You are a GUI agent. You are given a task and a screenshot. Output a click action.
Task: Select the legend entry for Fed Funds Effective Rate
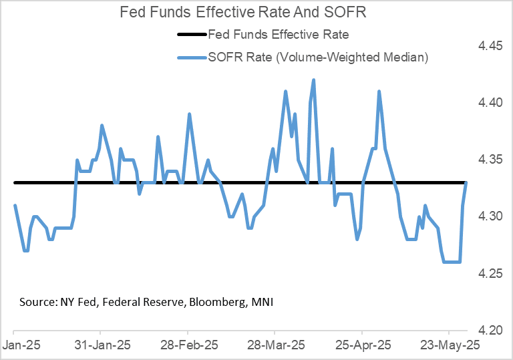(278, 35)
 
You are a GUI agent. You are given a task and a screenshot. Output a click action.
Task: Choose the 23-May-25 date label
(448, 347)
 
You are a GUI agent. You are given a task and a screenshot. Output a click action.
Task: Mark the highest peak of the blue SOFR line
(313, 80)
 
